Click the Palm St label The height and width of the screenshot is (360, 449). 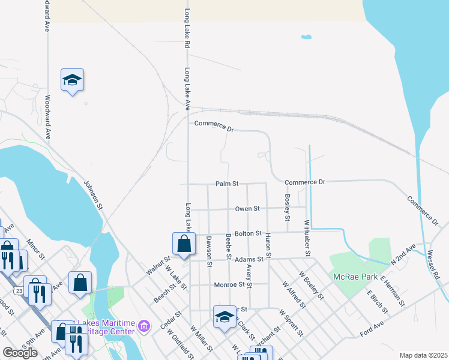click(228, 183)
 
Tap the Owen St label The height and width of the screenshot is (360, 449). click(247, 209)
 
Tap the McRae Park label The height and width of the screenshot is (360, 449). click(355, 277)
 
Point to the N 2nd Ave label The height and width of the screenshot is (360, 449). click(403, 255)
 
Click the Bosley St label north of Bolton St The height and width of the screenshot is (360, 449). click(288, 207)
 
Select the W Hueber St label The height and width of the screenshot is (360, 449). click(307, 238)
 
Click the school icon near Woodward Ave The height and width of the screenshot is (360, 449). click(72, 80)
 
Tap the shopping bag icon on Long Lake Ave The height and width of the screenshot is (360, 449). click(184, 244)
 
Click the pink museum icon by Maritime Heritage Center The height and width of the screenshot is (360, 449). click(143, 326)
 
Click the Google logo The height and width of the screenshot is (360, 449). click(20, 353)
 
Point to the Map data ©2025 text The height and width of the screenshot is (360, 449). click(423, 355)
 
